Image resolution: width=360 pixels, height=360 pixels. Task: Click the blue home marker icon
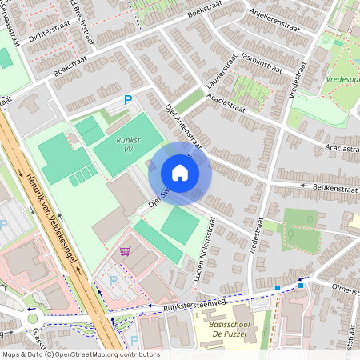click(x=180, y=173)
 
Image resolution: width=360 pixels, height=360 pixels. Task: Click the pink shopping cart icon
click(x=124, y=251)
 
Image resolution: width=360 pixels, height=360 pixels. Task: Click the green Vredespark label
click(x=342, y=79)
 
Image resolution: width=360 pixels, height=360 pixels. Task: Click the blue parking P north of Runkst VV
click(x=126, y=100)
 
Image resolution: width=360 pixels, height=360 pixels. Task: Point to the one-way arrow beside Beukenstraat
click(x=304, y=186)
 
